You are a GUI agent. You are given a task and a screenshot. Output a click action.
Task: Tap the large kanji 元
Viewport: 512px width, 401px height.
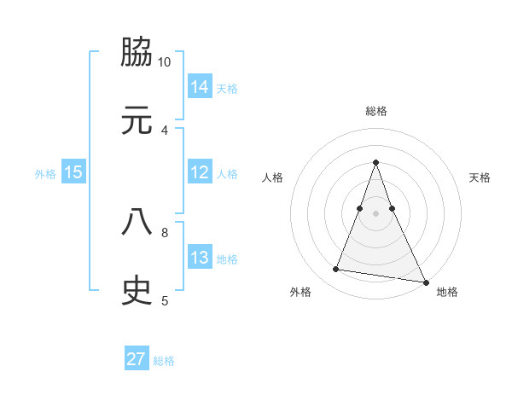137,120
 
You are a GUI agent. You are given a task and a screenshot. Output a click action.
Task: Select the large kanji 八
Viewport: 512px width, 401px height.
137,223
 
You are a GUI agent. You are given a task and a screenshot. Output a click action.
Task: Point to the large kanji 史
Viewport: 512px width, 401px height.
137,291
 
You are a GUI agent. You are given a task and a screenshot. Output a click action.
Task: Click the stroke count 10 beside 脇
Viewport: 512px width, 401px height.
165,62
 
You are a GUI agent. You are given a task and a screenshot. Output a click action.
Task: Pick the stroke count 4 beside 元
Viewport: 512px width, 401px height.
165,130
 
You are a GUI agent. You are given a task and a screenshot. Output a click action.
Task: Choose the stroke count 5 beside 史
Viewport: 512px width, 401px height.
165,300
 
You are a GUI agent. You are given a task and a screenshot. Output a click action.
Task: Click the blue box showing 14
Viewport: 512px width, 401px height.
200,86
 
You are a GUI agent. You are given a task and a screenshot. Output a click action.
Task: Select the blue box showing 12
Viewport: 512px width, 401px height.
200,172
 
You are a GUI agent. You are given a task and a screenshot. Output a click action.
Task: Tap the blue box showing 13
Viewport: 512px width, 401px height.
200,258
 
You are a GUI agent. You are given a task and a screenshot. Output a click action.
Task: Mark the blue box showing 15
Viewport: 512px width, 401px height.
73,172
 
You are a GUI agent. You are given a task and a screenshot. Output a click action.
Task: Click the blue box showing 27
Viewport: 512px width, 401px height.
137,359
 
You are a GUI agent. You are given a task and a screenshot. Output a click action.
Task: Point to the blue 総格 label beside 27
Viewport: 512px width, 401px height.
164,361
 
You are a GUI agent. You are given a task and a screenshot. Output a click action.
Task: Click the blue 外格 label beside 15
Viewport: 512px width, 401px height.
45,174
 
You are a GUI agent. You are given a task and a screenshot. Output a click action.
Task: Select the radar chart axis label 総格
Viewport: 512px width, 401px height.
375,111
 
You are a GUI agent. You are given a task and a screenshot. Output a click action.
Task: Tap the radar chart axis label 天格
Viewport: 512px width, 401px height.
480,177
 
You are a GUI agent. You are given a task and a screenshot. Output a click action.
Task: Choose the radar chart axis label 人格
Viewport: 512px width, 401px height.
272,177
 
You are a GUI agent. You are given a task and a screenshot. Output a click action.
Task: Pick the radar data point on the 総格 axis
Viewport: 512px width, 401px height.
375,162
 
